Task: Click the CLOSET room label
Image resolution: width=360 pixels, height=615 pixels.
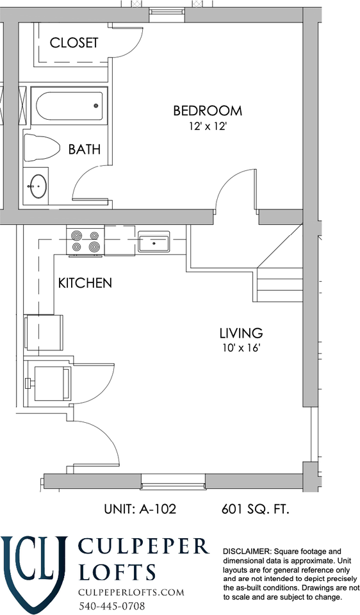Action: pos(74,42)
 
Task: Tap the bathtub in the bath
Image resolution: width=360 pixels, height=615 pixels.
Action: pos(69,106)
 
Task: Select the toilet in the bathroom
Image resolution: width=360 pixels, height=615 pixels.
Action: pos(42,148)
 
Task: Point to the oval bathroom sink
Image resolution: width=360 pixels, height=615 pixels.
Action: pos(38,186)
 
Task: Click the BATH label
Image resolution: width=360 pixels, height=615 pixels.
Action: pos(85,149)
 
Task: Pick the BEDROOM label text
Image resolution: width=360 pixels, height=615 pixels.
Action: pos(208,111)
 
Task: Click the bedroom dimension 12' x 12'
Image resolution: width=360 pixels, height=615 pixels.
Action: pos(208,126)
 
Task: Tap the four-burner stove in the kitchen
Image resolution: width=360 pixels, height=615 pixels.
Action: pos(85,241)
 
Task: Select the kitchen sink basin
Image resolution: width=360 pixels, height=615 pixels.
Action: pos(154,242)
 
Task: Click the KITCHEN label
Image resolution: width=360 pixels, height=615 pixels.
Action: pos(85,283)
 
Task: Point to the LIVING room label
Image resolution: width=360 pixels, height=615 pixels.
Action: pos(241,333)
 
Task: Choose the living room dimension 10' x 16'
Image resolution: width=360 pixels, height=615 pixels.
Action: pos(241,348)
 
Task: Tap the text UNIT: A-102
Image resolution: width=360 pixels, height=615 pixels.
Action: pos(140,509)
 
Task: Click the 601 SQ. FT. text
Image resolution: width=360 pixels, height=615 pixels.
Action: pos(256,509)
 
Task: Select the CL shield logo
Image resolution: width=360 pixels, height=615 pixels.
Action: pos(34,572)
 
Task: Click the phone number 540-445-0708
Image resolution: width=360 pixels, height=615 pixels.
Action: pos(111,605)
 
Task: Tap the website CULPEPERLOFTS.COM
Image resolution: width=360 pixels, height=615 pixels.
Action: pos(131,592)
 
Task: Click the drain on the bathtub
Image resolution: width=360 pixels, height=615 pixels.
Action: pos(95,105)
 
